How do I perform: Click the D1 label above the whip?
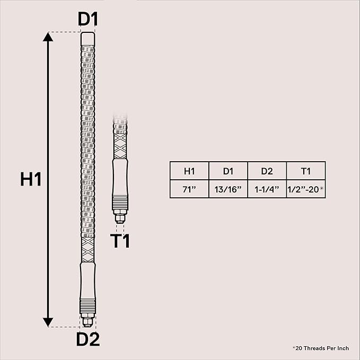(88, 19)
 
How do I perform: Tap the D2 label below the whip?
(88, 339)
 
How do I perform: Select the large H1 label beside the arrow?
(31, 179)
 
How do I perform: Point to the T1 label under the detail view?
(120, 241)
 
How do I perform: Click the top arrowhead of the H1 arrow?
(48, 37)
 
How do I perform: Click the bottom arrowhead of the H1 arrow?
(48, 322)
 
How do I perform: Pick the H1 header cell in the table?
(189, 171)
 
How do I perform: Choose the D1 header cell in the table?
(228, 171)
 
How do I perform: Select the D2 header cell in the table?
(267, 171)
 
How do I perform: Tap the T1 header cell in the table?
(306, 171)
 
